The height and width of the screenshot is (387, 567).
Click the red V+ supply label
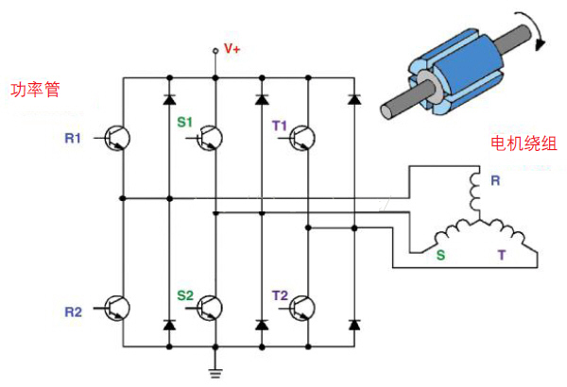pyautogui.click(x=232, y=47)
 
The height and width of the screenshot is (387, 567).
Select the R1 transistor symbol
pyautogui.click(x=116, y=138)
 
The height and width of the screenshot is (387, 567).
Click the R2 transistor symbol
pyautogui.click(x=116, y=309)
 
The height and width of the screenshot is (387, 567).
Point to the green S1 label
pyautogui.click(x=184, y=123)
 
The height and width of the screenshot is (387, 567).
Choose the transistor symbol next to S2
pyautogui.click(x=210, y=309)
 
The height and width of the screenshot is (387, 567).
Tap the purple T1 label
pyautogui.click(x=279, y=123)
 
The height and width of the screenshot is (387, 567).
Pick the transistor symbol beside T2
pyautogui.click(x=302, y=309)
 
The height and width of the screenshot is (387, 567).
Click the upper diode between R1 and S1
pyautogui.click(x=169, y=97)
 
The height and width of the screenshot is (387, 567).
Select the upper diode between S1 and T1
pyautogui.click(x=262, y=97)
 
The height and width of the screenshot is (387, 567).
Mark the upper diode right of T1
pyautogui.click(x=354, y=97)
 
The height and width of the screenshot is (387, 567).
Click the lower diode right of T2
pyautogui.click(x=354, y=324)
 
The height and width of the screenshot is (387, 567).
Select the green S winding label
pyautogui.click(x=439, y=254)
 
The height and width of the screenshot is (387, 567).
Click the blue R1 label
pyautogui.click(x=73, y=139)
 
